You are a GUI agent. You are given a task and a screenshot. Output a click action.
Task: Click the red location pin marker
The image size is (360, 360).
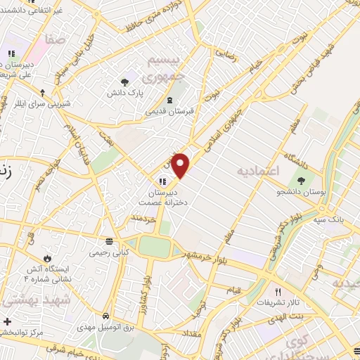181,165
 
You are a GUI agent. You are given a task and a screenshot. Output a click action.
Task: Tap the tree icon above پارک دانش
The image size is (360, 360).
125,82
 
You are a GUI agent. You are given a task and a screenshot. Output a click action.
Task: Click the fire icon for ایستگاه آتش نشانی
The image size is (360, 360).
48,257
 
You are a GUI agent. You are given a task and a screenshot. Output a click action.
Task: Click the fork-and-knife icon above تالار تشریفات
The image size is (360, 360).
278,292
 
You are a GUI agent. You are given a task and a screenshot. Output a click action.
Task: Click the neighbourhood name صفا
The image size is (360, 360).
54,40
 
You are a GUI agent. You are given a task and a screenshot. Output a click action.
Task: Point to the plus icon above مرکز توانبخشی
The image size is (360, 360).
6,321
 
